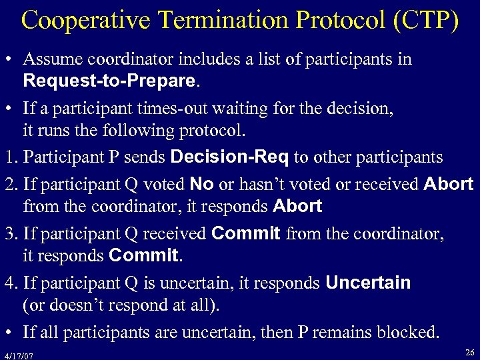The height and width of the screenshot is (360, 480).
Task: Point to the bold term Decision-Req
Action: point(230,157)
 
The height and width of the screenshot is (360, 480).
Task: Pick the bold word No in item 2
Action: point(201,183)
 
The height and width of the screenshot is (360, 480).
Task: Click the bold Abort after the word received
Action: point(448,183)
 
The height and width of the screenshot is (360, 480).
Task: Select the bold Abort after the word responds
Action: point(297,207)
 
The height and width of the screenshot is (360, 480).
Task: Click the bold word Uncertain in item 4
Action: point(368,283)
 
